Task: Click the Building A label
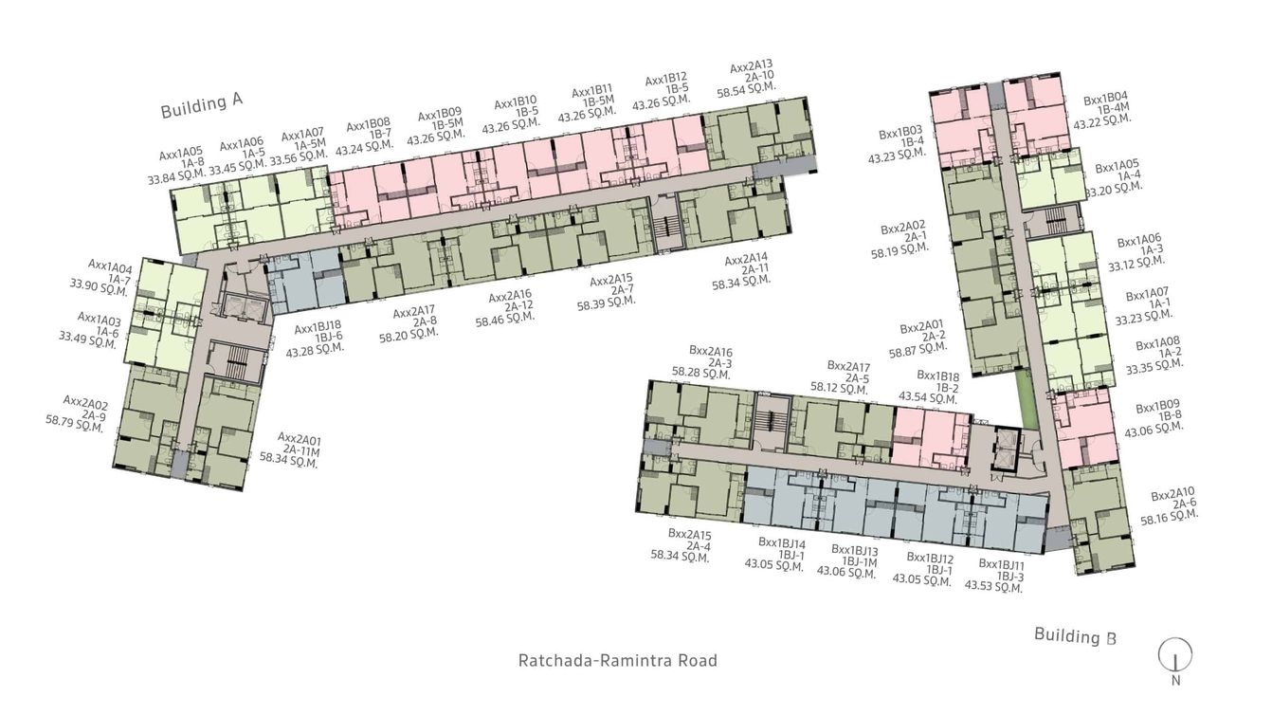(202, 105)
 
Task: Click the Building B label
(1075, 635)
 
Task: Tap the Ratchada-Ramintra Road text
(617, 660)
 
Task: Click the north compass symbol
(1175, 654)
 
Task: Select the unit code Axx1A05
(180, 152)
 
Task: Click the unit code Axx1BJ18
(318, 329)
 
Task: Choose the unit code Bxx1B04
(1105, 99)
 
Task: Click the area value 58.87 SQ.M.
(914, 350)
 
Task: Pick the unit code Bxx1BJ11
(1003, 564)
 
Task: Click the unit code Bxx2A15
(689, 534)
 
